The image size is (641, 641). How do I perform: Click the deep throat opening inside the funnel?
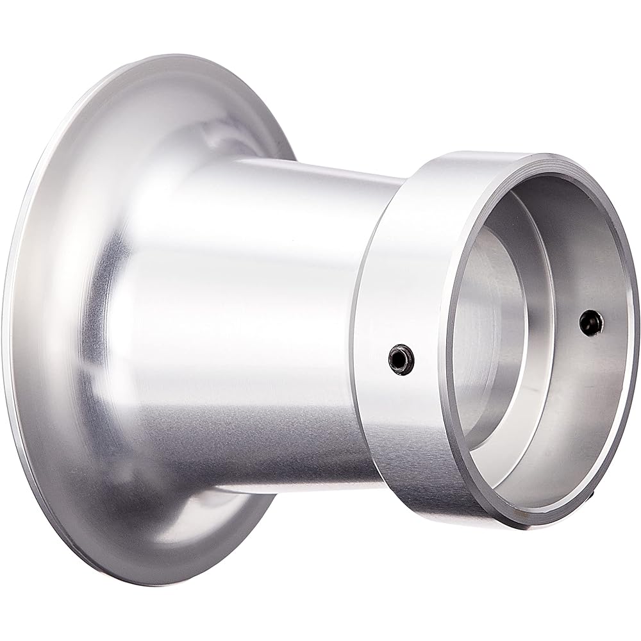click(x=494, y=333)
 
